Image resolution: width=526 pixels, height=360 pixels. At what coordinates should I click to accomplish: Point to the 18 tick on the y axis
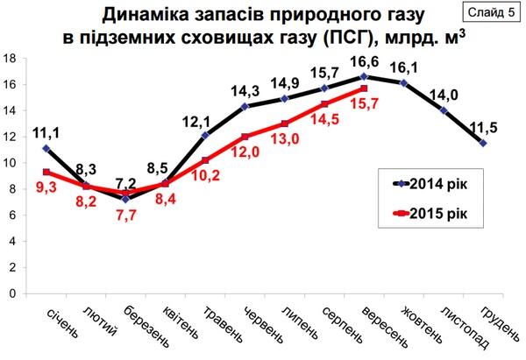tap(11, 59)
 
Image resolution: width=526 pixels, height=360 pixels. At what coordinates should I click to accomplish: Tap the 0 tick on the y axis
tap(13, 293)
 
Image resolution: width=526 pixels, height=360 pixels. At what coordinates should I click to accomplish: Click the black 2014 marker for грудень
tap(484, 143)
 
